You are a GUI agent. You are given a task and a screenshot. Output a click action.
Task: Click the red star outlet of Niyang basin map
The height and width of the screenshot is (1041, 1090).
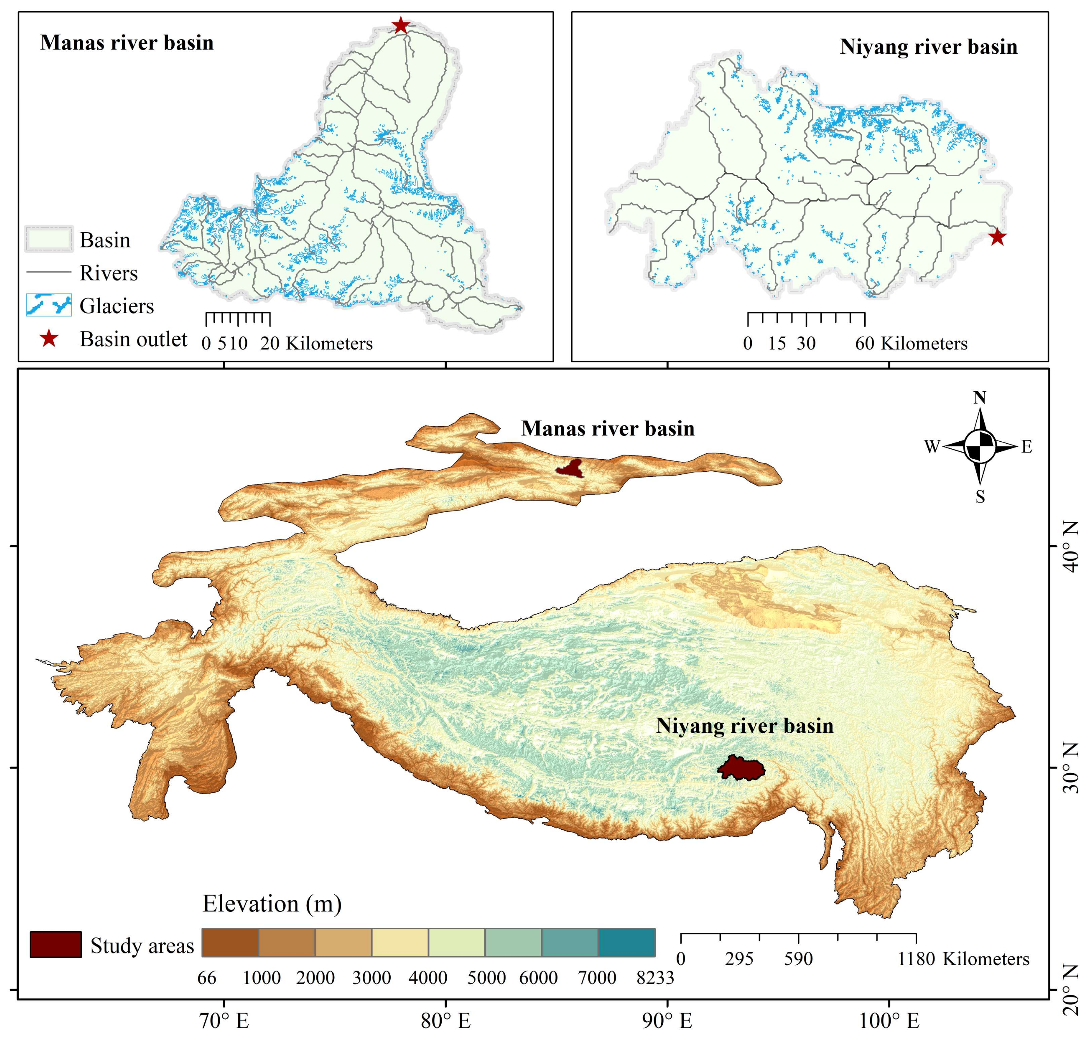click(x=997, y=237)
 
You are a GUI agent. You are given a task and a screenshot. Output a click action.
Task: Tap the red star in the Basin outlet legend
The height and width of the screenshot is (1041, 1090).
click(x=49, y=339)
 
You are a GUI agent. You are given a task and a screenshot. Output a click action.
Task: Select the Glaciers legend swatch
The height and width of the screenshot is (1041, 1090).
click(x=49, y=305)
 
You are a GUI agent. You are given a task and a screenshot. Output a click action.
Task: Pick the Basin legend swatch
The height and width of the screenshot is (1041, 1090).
click(x=49, y=239)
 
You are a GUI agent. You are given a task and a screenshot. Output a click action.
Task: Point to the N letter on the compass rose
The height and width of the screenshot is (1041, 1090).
click(x=979, y=398)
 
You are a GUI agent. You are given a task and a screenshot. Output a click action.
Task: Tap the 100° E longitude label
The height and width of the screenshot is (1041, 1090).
click(x=889, y=1020)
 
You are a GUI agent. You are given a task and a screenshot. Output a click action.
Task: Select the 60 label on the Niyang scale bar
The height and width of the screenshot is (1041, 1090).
click(x=864, y=344)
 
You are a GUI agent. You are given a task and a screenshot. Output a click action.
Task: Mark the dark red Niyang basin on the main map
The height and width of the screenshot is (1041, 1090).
click(x=741, y=768)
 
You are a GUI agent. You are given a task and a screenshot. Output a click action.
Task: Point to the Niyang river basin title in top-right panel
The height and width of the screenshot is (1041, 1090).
click(x=929, y=47)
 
